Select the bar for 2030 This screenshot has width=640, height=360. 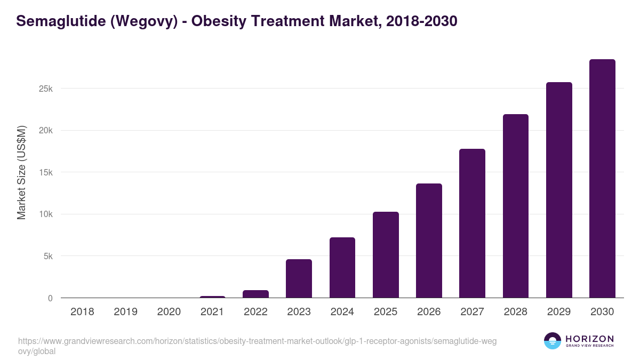coord(602,179)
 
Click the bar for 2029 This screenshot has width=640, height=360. coord(559,190)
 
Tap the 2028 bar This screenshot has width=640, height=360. coord(515,206)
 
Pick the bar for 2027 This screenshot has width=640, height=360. coord(472,223)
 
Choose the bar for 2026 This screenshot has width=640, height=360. coord(429,241)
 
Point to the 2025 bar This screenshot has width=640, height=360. coord(386,255)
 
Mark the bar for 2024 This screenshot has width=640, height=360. coord(342,268)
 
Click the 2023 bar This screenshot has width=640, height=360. coord(299,278)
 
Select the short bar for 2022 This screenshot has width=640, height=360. coord(255,294)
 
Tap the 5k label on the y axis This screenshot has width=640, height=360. coord(48,256)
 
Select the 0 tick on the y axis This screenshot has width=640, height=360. coord(50,298)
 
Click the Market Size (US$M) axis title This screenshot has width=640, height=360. coord(21,172)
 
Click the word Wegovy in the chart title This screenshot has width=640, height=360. coord(143,21)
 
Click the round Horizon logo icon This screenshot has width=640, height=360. coord(553,341)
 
